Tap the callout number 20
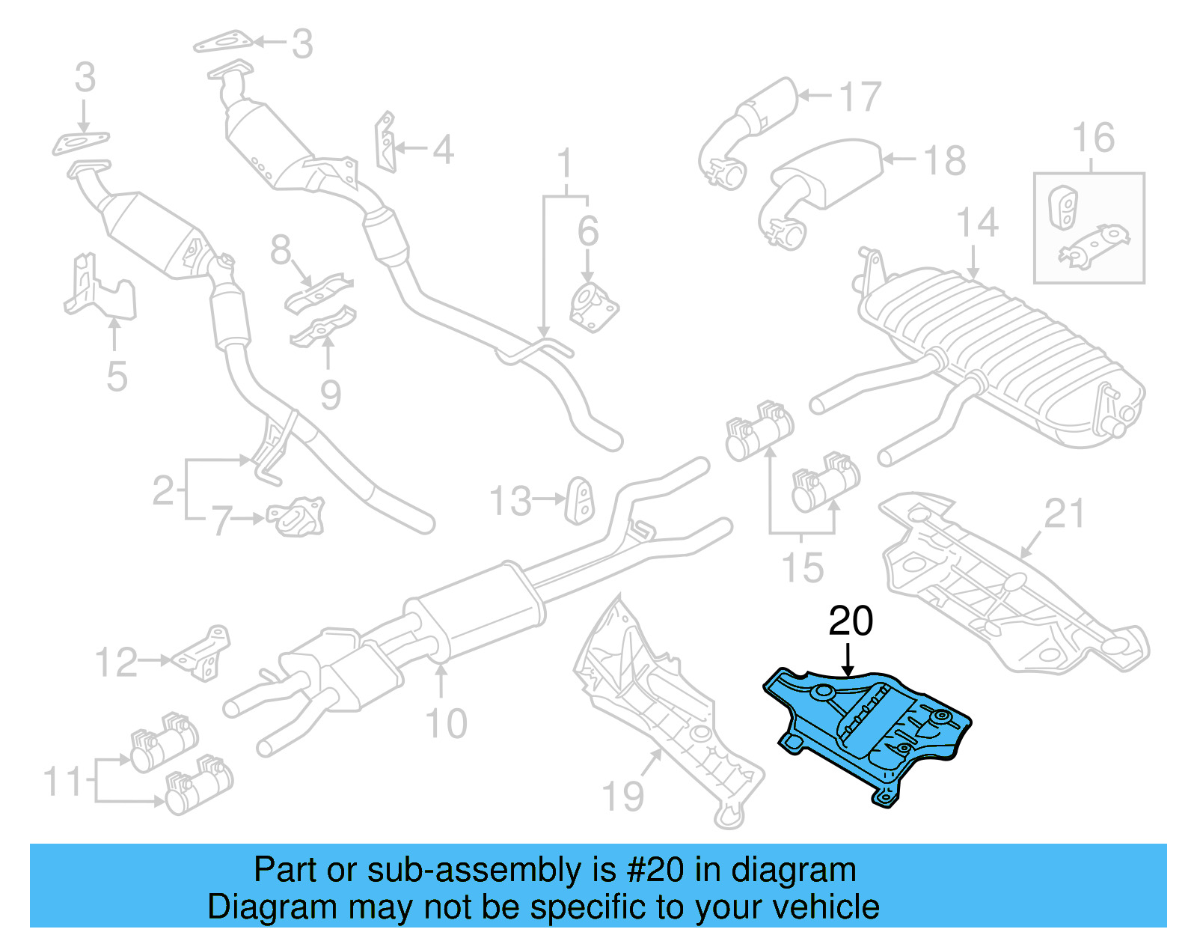tap(851, 621)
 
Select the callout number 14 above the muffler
tap(977, 223)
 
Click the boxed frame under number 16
tap(1089, 228)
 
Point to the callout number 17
tap(860, 97)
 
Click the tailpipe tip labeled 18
tap(823, 176)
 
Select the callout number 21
tap(1064, 514)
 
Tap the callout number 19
tap(622, 796)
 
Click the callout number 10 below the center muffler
tap(446, 724)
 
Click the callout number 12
tap(116, 663)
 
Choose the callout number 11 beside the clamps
tap(62, 782)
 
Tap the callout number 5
tap(117, 377)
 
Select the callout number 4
tap(443, 150)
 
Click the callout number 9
tap(331, 395)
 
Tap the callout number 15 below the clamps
tap(802, 567)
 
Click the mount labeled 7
tap(298, 517)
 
